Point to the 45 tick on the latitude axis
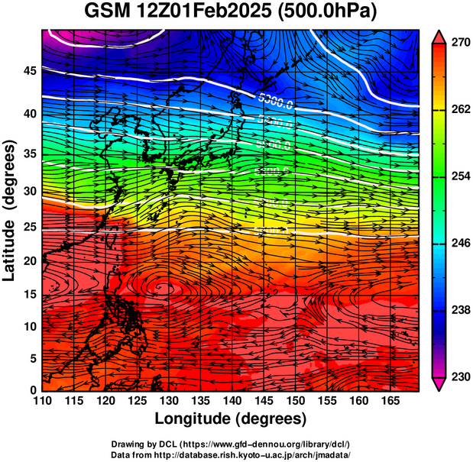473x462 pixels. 28,71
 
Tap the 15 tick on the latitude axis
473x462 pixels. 28,294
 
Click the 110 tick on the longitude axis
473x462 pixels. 42,400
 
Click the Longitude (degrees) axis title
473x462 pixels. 231,418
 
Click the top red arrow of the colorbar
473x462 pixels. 439,36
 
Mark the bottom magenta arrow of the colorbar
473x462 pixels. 439,385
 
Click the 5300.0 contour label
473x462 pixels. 277,99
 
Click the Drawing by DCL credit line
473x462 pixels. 231,444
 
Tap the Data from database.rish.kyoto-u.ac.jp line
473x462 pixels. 231,454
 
